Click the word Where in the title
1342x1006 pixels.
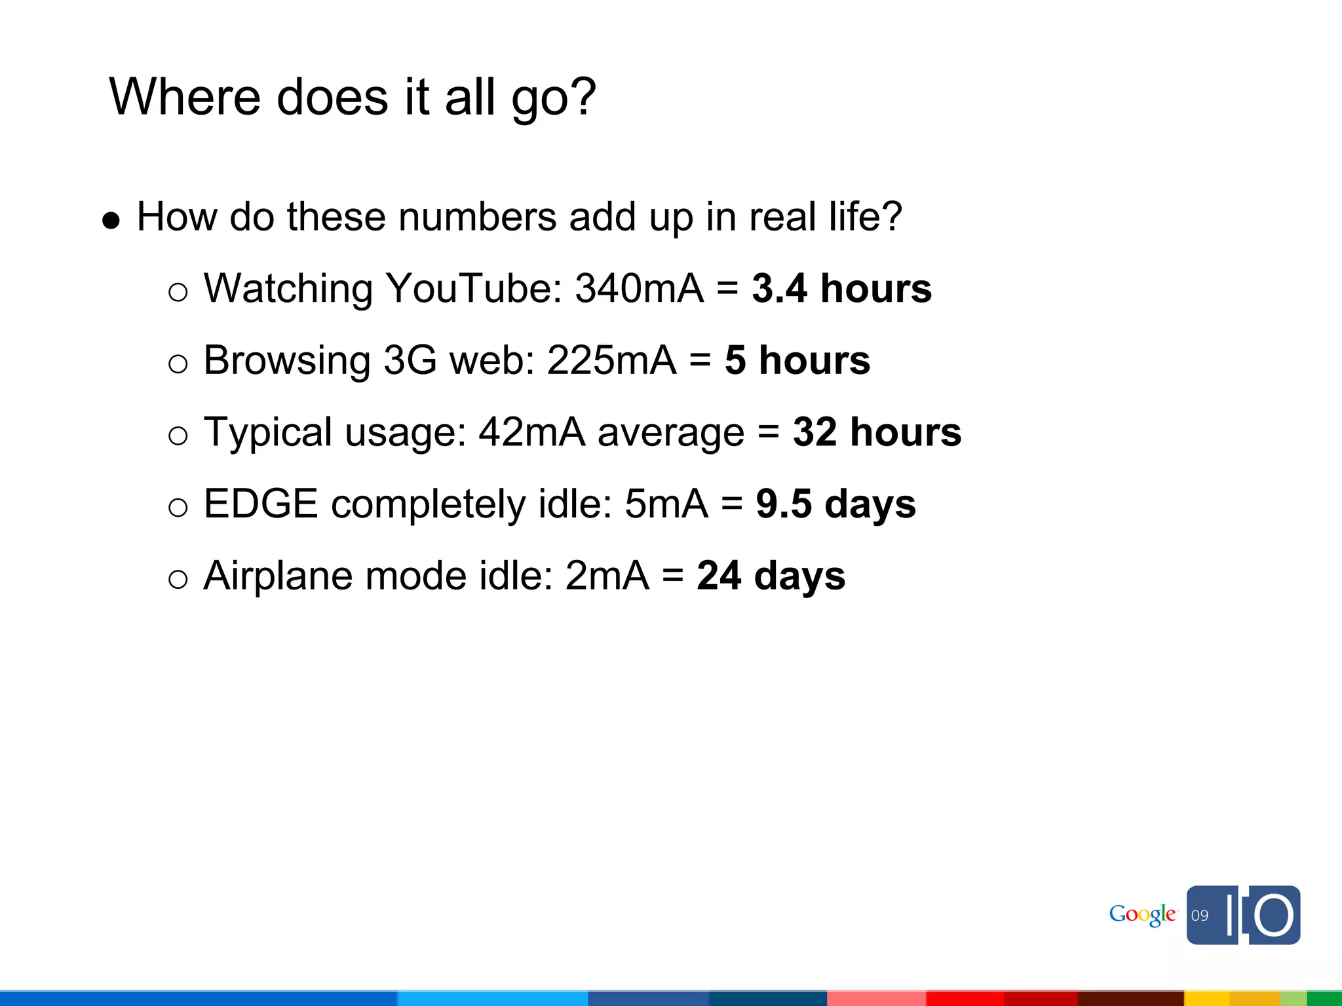tap(185, 97)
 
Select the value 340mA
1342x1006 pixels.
tap(639, 288)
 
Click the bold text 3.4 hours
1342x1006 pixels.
tap(841, 288)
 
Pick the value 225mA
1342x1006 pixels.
tap(611, 360)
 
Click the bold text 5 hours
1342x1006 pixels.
tap(797, 360)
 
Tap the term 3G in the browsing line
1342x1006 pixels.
tap(410, 360)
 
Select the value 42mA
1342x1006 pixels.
tap(531, 432)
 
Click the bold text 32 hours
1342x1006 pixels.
tap(877, 432)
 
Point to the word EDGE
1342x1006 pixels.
tap(261, 504)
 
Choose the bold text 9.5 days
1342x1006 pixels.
tap(835, 504)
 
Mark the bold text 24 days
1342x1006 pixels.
tap(771, 576)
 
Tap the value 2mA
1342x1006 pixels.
tap(607, 576)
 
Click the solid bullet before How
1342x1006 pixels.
tap(111, 221)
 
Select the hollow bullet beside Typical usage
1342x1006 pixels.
tap(178, 436)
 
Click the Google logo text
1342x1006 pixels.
tap(1142, 915)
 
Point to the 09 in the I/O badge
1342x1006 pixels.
tap(1200, 916)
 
